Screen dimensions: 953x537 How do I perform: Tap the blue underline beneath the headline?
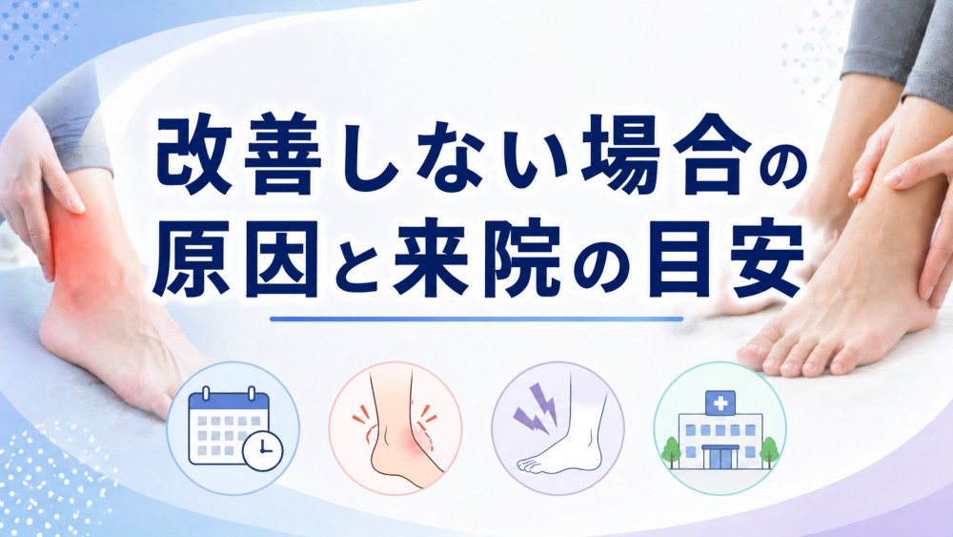[476, 318]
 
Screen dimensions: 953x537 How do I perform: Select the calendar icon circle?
[233, 428]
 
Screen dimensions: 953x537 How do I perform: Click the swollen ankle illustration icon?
[395, 428]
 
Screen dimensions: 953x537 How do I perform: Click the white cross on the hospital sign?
[720, 403]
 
